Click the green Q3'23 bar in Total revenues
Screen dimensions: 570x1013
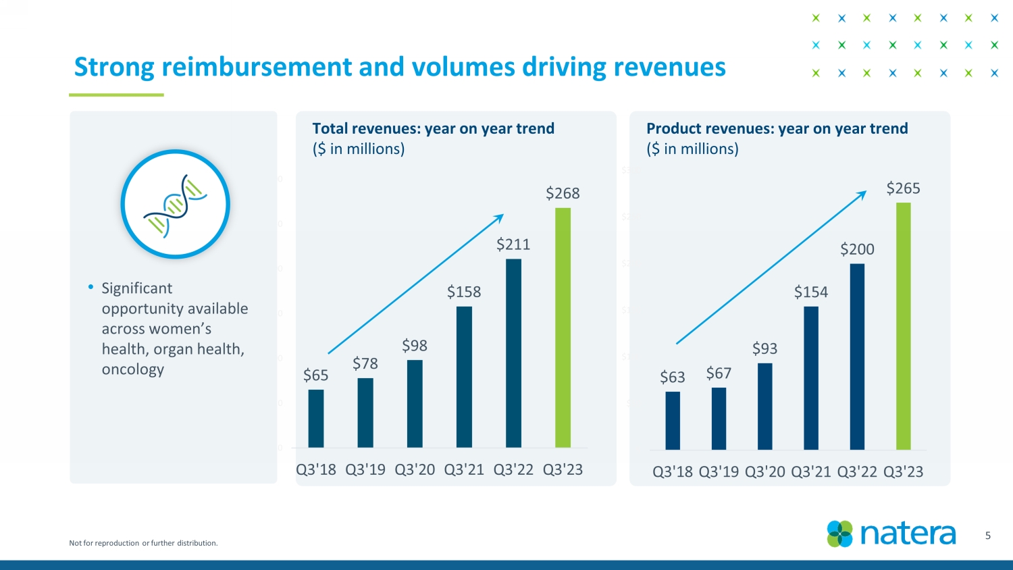click(x=563, y=328)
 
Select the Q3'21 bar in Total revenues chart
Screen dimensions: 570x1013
click(x=464, y=377)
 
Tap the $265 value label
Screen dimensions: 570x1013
click(x=903, y=188)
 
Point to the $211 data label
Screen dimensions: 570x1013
click(x=513, y=244)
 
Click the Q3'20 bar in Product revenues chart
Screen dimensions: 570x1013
click(x=764, y=407)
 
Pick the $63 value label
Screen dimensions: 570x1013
click(x=673, y=378)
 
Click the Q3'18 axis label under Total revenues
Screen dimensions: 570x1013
click(x=316, y=470)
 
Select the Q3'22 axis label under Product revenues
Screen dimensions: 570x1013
click(x=857, y=472)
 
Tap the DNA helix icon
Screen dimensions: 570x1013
click(x=176, y=205)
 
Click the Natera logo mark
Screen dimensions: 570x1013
click(x=840, y=534)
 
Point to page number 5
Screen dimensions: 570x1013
click(x=987, y=536)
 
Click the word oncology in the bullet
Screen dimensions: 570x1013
click(x=133, y=369)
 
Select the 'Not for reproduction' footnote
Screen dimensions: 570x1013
click(x=143, y=543)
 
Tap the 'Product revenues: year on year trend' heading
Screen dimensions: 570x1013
click(x=777, y=128)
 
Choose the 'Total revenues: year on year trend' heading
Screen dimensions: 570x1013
click(x=433, y=128)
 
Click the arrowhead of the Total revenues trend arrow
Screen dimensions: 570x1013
click(x=500, y=217)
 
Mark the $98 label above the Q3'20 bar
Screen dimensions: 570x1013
click(x=415, y=346)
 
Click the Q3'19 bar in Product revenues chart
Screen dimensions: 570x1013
click(x=719, y=419)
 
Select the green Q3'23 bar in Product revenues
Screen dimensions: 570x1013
click(x=903, y=326)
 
